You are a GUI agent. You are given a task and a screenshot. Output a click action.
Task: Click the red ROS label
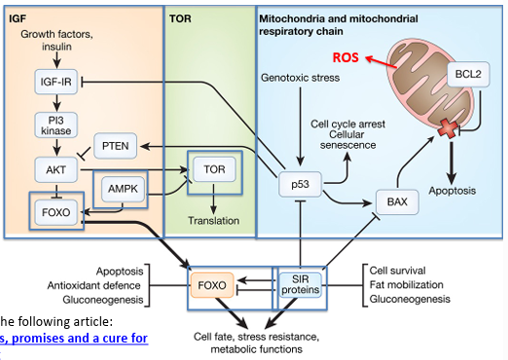[x=345, y=57]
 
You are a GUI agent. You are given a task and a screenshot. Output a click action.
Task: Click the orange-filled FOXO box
[x=211, y=287]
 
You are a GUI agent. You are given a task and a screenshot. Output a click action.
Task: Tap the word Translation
[x=214, y=220]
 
